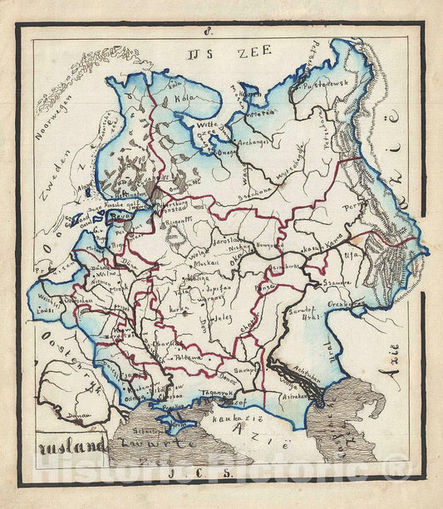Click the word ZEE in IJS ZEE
click(x=255, y=52)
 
